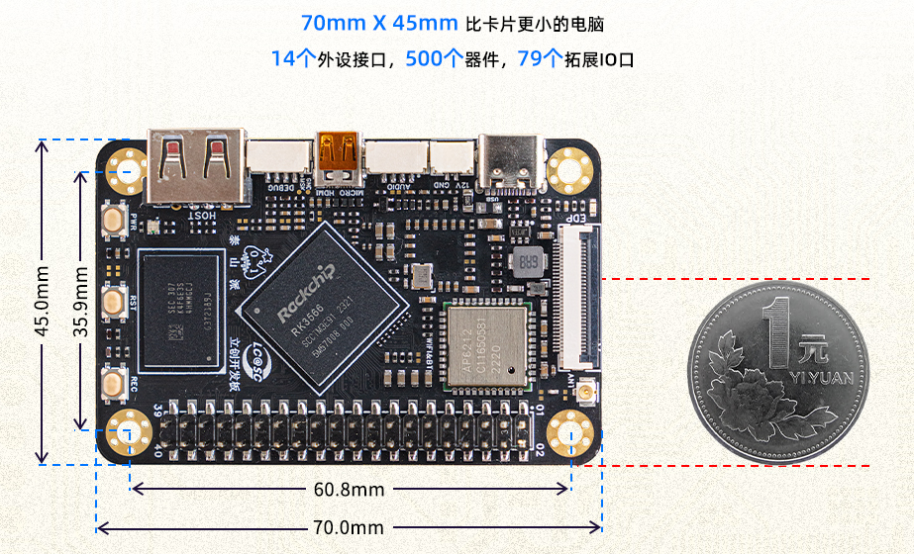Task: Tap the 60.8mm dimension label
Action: (x=349, y=489)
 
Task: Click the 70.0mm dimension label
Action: (x=349, y=527)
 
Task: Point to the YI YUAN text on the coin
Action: (x=821, y=378)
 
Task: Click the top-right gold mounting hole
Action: (x=569, y=169)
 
